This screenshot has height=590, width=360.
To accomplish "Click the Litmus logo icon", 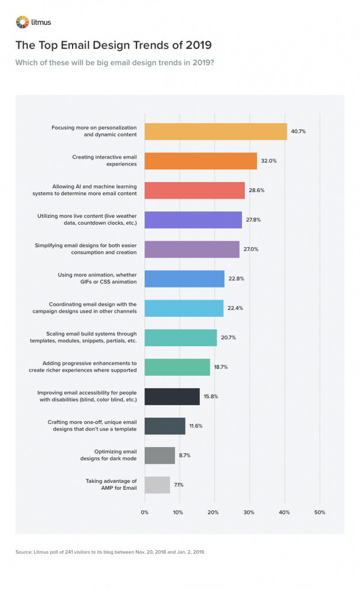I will (21, 22).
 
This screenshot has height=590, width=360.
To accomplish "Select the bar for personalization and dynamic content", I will (215, 131).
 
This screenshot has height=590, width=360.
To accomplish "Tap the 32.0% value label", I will (269, 161).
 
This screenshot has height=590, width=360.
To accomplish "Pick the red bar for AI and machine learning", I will (195, 190).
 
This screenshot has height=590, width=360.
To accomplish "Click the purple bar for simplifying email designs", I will (192, 249).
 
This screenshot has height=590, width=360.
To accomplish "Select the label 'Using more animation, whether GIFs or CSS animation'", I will (97, 278).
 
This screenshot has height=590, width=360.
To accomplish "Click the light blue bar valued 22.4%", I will (184, 308).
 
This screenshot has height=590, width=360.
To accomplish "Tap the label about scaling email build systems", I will (91, 338).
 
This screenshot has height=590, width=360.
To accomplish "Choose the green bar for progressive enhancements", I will (177, 367).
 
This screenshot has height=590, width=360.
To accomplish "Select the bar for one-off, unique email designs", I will (165, 426).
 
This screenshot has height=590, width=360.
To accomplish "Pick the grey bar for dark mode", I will (160, 455).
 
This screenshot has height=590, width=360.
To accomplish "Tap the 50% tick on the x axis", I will (320, 512).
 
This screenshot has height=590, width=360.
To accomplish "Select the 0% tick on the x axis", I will (145, 512).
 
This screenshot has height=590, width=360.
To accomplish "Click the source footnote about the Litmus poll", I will (110, 552).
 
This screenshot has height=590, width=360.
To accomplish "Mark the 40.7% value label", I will (298, 131).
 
